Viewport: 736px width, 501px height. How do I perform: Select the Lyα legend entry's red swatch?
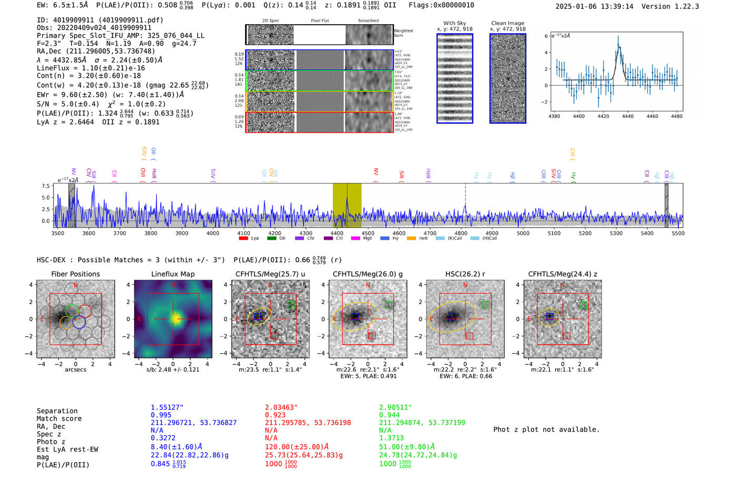[x=243, y=238]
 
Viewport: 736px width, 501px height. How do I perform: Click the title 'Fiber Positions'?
[x=75, y=274]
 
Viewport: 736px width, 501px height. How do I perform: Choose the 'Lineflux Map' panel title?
[x=172, y=274]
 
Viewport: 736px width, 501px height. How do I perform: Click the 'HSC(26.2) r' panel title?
[x=465, y=274]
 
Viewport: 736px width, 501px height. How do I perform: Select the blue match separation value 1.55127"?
[x=167, y=407]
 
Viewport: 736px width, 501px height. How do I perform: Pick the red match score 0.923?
[x=275, y=415]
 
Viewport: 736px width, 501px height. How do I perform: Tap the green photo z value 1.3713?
[x=391, y=437]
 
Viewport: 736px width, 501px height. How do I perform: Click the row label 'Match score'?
[x=59, y=418]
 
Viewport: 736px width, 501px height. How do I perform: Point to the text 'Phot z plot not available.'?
[x=546, y=430]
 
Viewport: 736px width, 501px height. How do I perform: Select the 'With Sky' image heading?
[x=454, y=23]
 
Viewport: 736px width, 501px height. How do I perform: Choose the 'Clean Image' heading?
[x=507, y=23]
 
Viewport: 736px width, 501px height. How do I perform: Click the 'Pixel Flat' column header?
[x=320, y=21]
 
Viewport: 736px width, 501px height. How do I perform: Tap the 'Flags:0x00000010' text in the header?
[x=441, y=5]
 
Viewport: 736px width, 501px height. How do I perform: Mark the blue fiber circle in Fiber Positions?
[x=79, y=322]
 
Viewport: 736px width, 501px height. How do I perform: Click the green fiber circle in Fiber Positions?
[x=72, y=311]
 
